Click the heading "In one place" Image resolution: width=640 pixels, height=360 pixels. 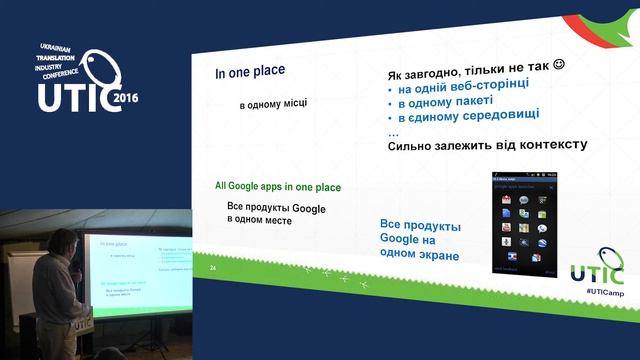(250, 72)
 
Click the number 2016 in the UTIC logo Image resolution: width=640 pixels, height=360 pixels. (126, 100)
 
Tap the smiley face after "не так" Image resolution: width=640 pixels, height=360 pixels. (558, 65)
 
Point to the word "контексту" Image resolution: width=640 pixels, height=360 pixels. (547, 145)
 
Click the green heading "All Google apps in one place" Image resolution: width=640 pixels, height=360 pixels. (277, 187)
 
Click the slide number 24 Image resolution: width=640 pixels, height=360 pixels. (212, 268)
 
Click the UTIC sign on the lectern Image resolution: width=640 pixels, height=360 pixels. (79, 323)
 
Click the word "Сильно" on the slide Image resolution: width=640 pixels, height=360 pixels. (410, 146)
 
